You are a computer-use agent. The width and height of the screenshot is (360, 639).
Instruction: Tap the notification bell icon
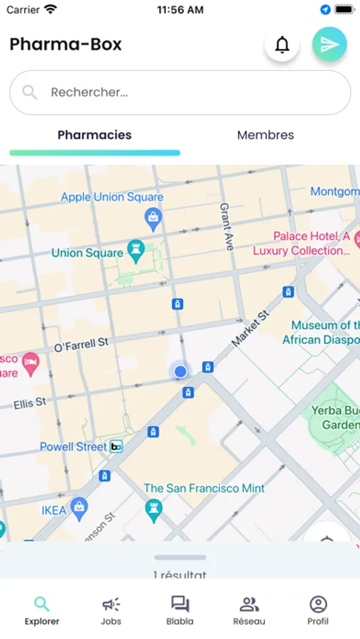pyautogui.click(x=282, y=45)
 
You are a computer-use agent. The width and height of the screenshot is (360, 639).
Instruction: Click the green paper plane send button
pyautogui.click(x=329, y=45)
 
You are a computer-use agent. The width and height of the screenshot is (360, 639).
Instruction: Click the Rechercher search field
pyautogui.click(x=180, y=92)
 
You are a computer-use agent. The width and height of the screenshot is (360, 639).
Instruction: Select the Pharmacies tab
pyautogui.click(x=94, y=135)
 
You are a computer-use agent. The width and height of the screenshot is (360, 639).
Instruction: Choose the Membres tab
pyautogui.click(x=266, y=135)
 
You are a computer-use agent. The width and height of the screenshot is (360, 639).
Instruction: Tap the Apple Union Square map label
pyautogui.click(x=112, y=197)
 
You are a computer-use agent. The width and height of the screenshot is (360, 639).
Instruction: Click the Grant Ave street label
pyautogui.click(x=227, y=222)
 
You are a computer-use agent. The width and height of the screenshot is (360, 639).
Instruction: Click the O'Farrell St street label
pyautogui.click(x=81, y=345)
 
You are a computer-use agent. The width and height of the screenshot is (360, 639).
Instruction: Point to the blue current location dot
pyautogui.click(x=180, y=371)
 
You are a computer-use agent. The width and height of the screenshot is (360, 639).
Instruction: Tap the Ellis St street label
pyautogui.click(x=30, y=403)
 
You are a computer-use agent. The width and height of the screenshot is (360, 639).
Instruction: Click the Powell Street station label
pyautogui.click(x=74, y=447)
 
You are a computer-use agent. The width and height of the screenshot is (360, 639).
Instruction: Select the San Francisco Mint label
pyautogui.click(x=204, y=488)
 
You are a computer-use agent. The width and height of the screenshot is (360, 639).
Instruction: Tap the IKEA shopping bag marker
pyautogui.click(x=80, y=508)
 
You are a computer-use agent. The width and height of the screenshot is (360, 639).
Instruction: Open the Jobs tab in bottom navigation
pyautogui.click(x=111, y=611)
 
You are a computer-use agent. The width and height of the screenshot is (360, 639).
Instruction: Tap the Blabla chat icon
pyautogui.click(x=180, y=605)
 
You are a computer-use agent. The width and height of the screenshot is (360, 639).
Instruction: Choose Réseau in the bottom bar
pyautogui.click(x=249, y=611)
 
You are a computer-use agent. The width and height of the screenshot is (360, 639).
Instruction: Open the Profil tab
pyautogui.click(x=318, y=611)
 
